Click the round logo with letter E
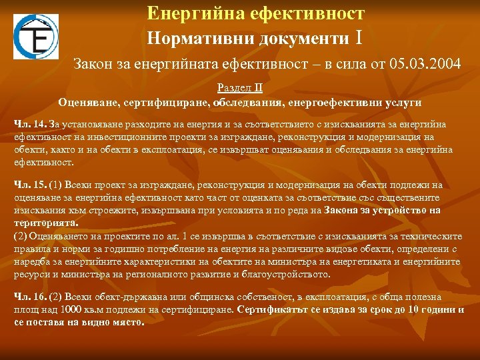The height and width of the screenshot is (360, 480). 36,37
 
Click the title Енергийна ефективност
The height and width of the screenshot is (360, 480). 255,13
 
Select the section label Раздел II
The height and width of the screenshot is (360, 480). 239,88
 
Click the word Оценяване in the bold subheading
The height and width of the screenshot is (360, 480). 85,103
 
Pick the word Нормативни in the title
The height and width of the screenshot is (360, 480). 193,37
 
